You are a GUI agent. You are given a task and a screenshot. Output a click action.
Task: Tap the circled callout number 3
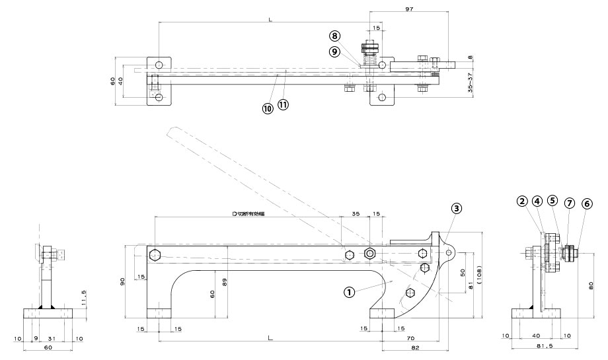click(x=456, y=207)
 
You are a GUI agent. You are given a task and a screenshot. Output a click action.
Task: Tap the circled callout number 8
click(x=335, y=36)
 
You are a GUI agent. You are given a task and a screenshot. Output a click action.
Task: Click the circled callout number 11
click(x=283, y=105)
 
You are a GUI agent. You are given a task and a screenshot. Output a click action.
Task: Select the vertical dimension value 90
click(x=122, y=282)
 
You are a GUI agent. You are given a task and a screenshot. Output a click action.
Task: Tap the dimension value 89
click(x=227, y=282)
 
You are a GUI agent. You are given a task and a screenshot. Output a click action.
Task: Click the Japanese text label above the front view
click(x=248, y=215)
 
